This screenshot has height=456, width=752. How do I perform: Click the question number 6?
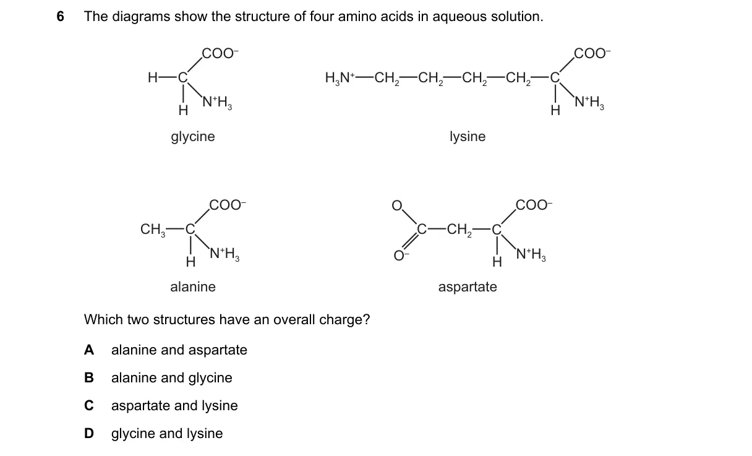[x=61, y=16]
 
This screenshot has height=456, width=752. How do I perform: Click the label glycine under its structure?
[x=193, y=137]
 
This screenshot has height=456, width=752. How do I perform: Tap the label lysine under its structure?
[x=468, y=137]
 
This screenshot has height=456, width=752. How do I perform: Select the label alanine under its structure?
[x=193, y=286]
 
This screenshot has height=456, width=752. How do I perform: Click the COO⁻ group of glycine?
[x=220, y=53]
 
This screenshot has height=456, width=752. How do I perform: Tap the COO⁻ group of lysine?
[x=592, y=53]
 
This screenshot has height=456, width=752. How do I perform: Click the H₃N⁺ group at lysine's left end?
[x=340, y=78]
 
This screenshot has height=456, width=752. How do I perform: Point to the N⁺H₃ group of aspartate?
[x=531, y=254]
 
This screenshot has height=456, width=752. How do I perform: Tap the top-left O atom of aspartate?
[x=397, y=205]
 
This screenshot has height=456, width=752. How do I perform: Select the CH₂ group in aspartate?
[x=459, y=230]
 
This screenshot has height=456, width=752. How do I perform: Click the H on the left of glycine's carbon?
[x=153, y=78]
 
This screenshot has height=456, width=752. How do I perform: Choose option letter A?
[x=89, y=350]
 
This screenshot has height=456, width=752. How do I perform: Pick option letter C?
[x=89, y=406]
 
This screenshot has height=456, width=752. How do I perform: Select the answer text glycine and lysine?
[x=167, y=434]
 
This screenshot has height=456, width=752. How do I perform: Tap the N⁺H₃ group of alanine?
[x=224, y=254]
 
